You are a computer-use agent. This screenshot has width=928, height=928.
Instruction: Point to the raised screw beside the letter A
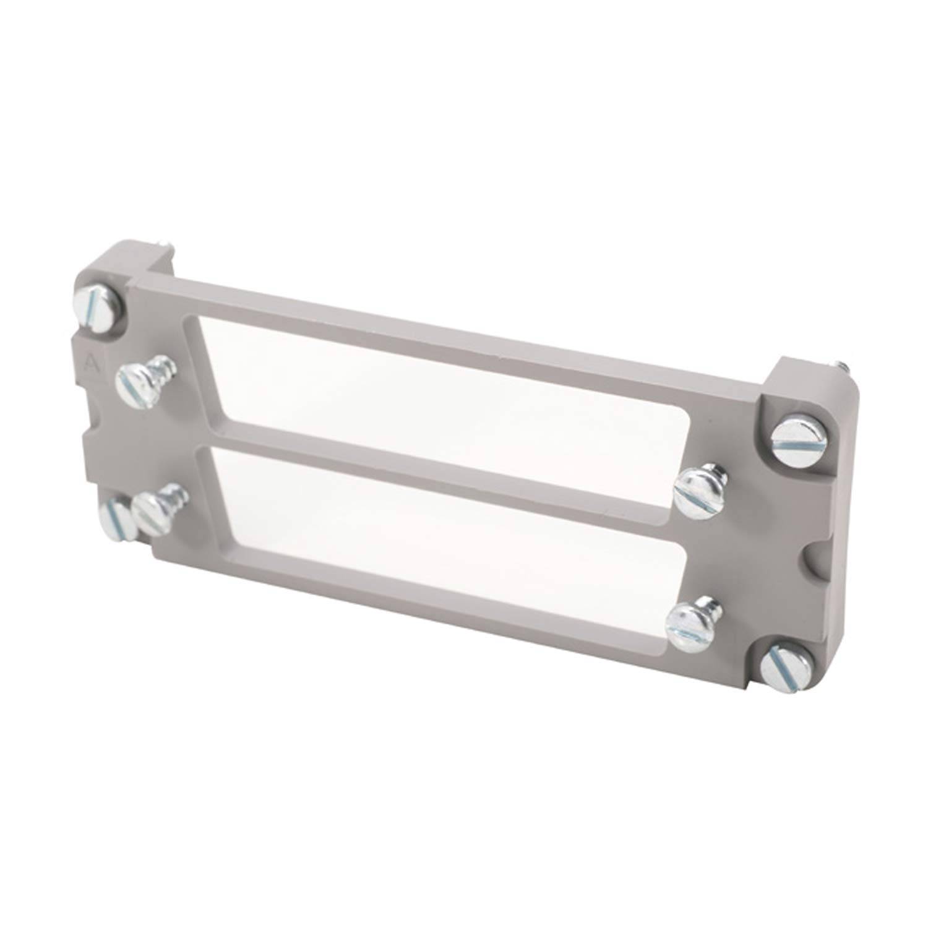tap(134, 384)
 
